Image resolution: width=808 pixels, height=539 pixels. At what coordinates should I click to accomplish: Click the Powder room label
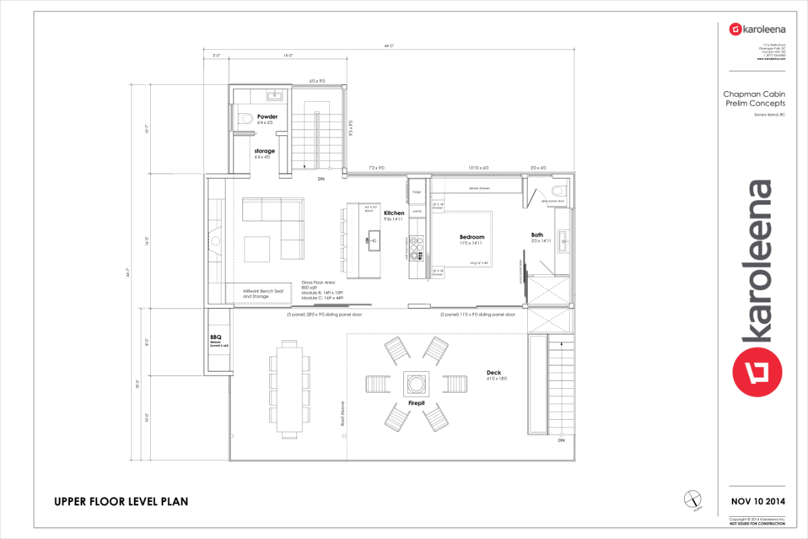(x=267, y=117)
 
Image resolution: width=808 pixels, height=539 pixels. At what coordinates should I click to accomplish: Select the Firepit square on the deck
(x=415, y=384)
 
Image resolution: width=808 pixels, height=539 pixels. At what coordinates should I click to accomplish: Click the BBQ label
(x=215, y=337)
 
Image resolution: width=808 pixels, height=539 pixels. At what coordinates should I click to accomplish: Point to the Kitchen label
(x=394, y=213)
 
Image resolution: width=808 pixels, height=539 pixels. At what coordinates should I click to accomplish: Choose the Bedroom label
(x=471, y=237)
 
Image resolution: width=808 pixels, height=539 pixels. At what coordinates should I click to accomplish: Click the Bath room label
(x=537, y=235)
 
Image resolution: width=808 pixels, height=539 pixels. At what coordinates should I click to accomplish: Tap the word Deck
(x=494, y=373)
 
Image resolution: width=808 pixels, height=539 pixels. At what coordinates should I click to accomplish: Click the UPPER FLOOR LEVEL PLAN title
(x=121, y=501)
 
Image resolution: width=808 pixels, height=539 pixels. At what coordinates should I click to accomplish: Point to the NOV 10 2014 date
(x=757, y=501)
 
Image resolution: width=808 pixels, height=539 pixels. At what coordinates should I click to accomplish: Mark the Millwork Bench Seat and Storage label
(x=263, y=293)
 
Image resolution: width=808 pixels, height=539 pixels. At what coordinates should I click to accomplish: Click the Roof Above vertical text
(x=343, y=412)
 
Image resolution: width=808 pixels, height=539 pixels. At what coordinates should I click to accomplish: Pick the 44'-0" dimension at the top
(x=389, y=46)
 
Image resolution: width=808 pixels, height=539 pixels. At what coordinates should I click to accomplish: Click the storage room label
(x=264, y=151)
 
